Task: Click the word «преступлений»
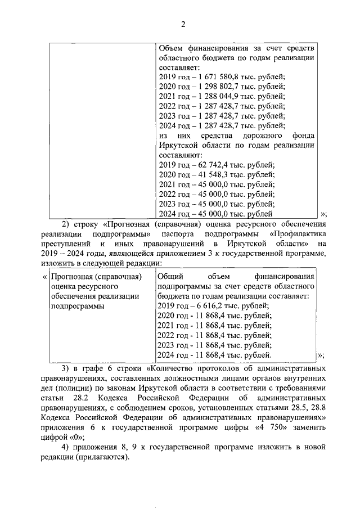[x=65, y=244]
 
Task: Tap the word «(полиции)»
[x=73, y=388]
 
